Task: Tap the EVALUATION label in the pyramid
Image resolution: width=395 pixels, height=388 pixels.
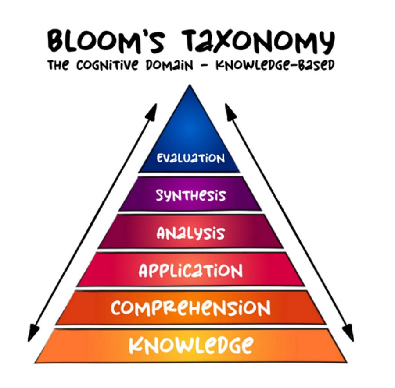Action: tap(190, 158)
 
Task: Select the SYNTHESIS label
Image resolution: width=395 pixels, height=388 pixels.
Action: tap(190, 195)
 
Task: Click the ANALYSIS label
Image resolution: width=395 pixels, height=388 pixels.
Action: tap(190, 233)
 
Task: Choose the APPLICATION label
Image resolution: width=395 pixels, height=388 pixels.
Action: tap(190, 271)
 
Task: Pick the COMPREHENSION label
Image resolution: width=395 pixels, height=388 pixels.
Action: tap(190, 308)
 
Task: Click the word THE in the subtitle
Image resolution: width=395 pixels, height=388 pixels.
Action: tap(58, 66)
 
